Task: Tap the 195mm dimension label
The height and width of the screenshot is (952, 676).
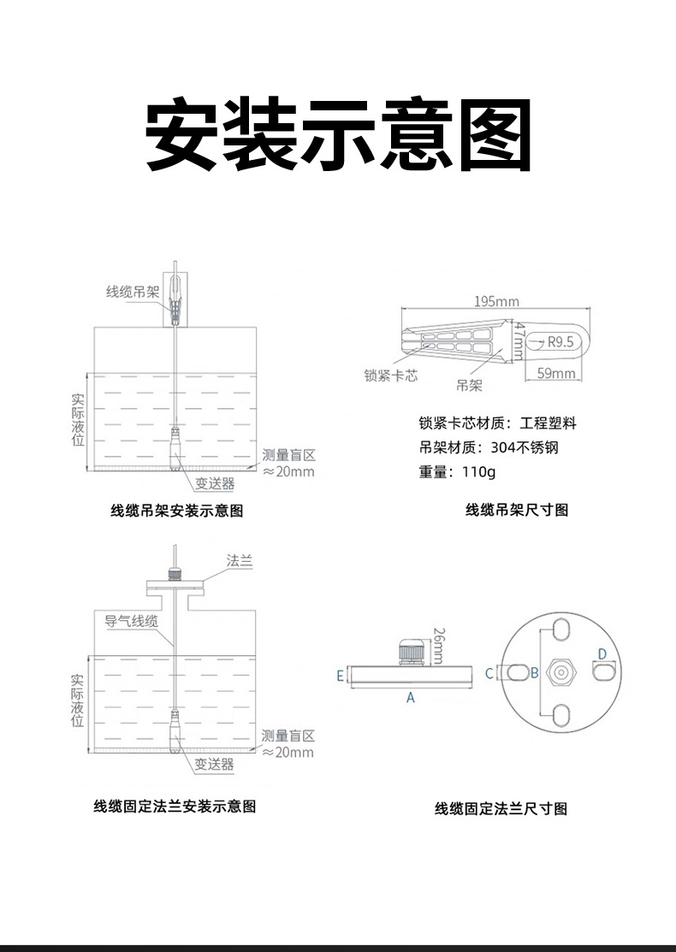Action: (496, 301)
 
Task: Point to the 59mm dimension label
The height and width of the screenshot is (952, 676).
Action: (556, 373)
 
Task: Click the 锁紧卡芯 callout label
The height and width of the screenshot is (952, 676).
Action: (391, 376)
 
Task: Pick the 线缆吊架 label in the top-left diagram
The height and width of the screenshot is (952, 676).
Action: (133, 293)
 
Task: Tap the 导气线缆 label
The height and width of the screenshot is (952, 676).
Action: (131, 622)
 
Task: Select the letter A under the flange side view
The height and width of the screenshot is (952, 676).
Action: (410, 698)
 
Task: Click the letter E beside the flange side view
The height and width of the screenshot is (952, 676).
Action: (340, 676)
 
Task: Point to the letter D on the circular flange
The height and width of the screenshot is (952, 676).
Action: (602, 654)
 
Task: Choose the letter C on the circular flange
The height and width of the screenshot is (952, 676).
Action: (489, 673)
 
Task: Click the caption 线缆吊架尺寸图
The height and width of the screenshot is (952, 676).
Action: (517, 511)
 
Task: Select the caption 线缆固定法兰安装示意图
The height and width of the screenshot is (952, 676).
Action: (175, 806)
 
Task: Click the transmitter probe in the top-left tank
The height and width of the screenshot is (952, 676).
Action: (175, 449)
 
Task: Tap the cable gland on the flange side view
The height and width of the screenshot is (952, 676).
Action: (410, 653)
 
